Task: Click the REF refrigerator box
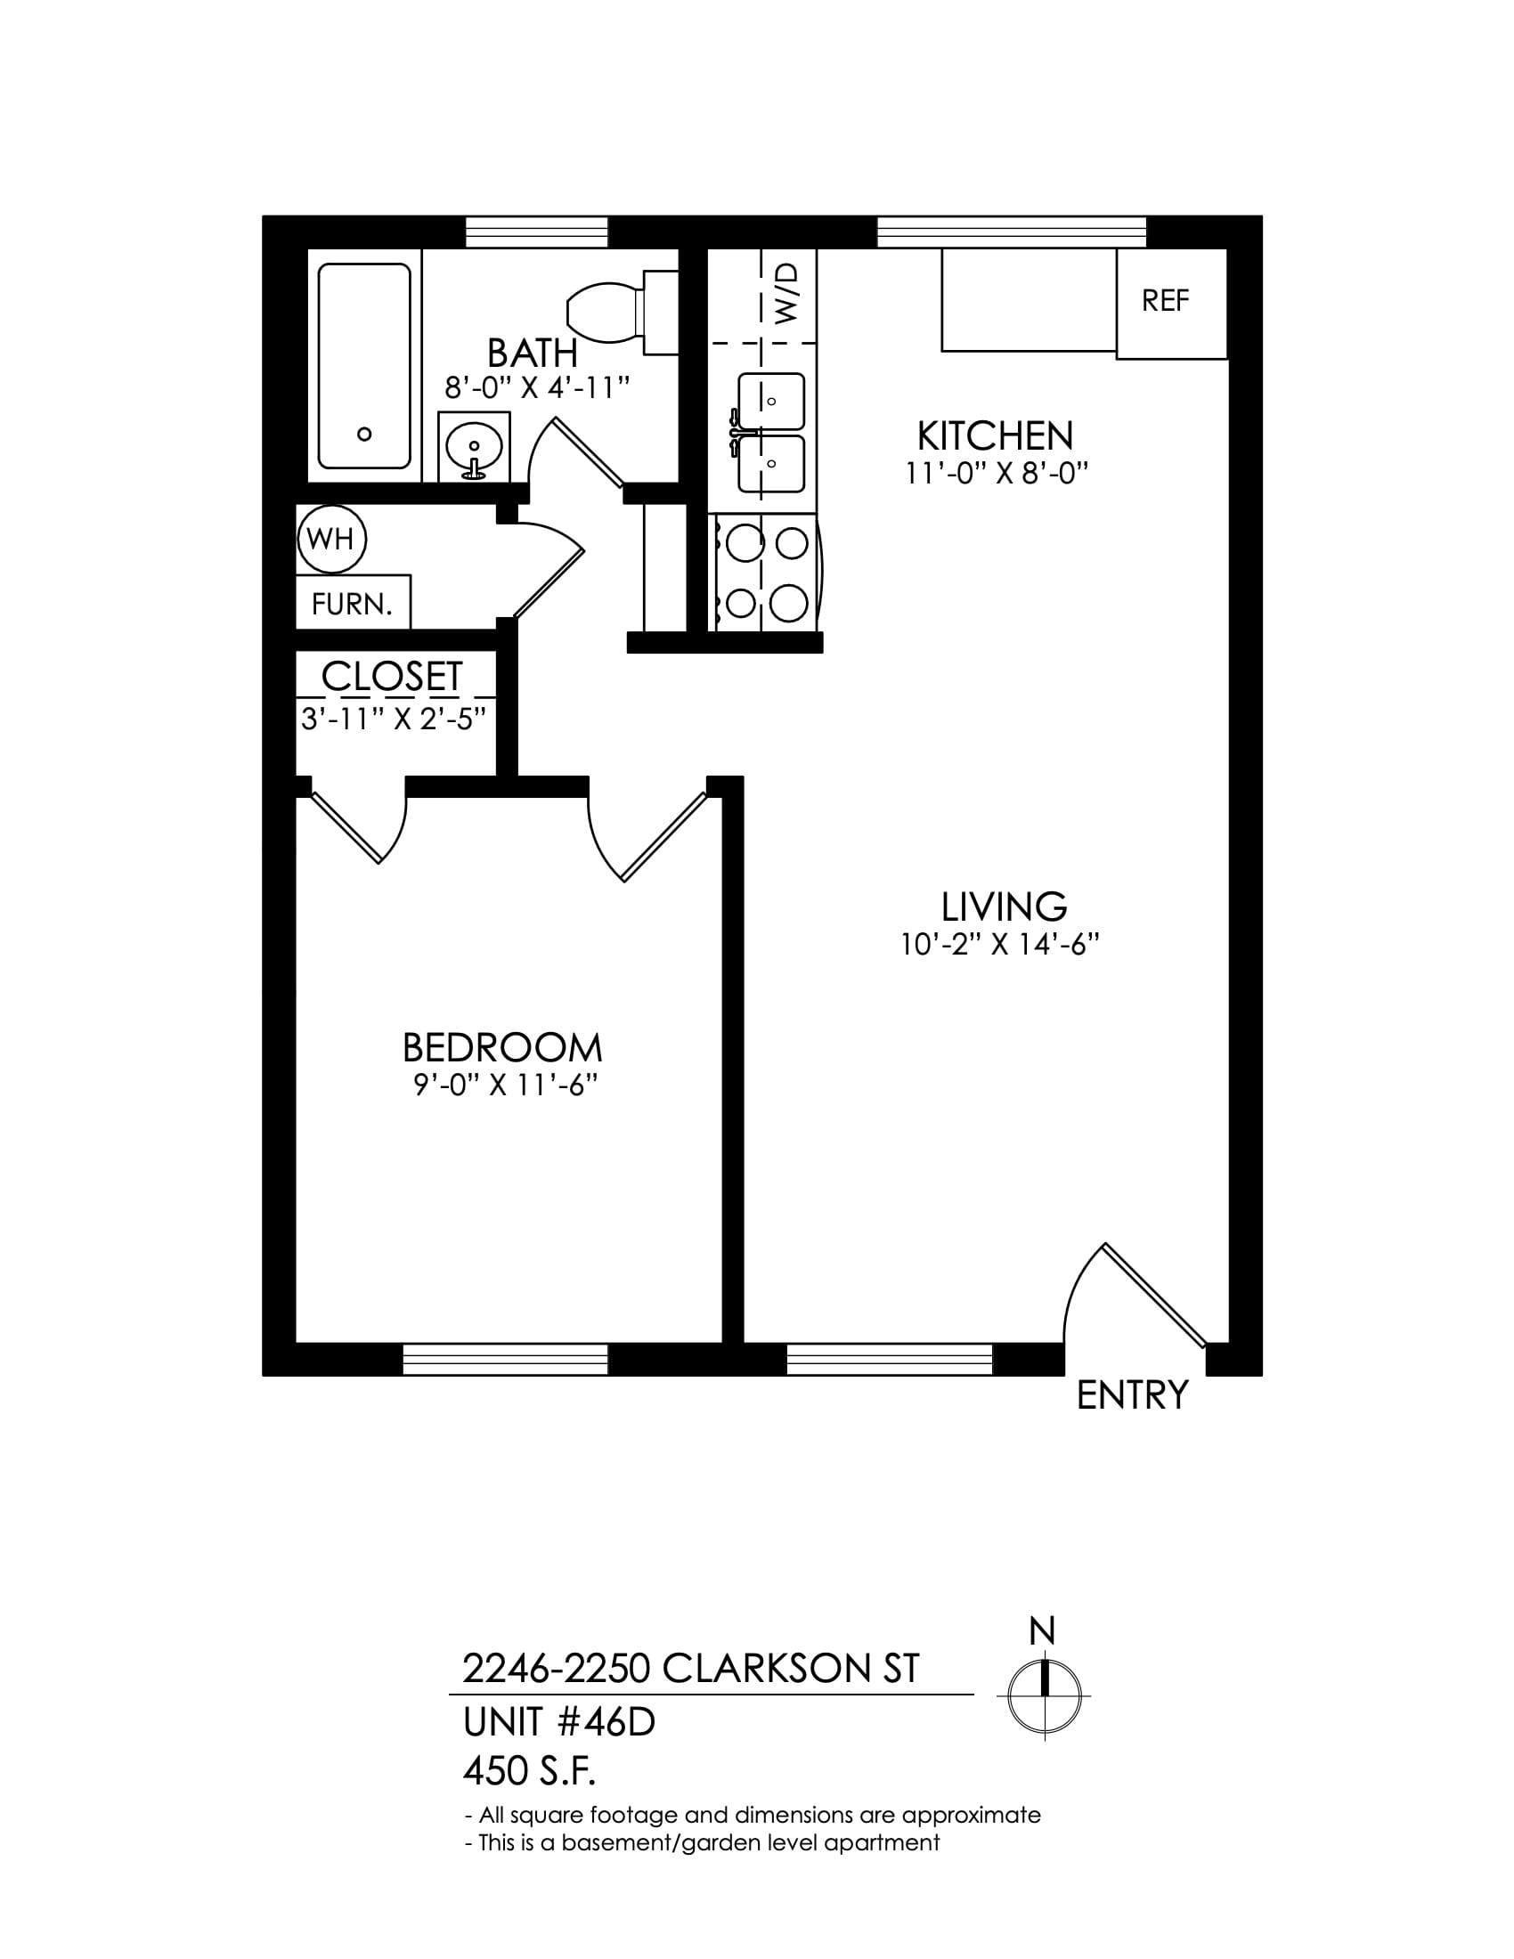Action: (1171, 303)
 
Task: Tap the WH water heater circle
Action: (332, 539)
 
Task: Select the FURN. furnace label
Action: (353, 605)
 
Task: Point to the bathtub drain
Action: (364, 435)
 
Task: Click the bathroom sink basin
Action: (474, 445)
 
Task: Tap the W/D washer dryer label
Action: (785, 292)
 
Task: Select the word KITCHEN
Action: (995, 437)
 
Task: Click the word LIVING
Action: (1004, 906)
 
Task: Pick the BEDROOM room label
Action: (502, 1048)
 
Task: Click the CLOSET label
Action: (392, 677)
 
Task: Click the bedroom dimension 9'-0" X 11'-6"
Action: (506, 1086)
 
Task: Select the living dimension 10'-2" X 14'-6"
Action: (1001, 945)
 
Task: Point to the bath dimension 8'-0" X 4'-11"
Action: (538, 388)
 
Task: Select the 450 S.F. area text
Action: (529, 1771)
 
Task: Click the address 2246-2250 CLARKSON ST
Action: (690, 1670)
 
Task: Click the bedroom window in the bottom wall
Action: (506, 1359)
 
